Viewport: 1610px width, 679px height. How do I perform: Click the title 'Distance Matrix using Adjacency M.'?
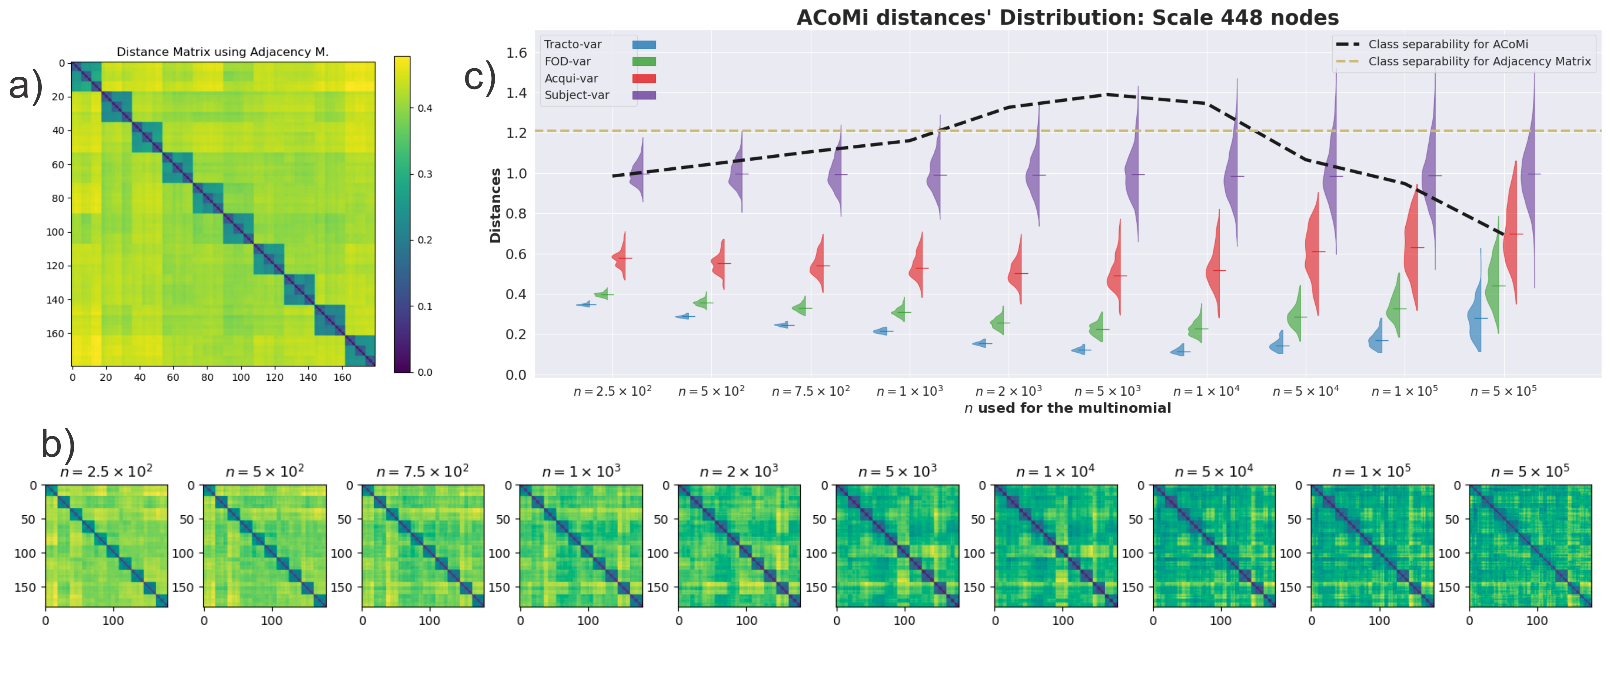point(222,52)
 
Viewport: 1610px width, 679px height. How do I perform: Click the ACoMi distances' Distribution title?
point(1068,17)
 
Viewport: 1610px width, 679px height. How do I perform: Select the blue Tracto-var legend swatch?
point(644,44)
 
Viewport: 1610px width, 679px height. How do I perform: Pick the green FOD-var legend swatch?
point(644,61)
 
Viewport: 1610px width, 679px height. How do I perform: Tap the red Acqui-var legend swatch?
point(644,78)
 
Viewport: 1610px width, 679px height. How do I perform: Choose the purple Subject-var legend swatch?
point(644,95)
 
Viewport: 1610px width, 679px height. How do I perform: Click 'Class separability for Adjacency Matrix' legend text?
point(1479,61)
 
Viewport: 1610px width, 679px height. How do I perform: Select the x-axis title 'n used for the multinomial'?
point(1068,408)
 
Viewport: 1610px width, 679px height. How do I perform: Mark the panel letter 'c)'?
point(480,78)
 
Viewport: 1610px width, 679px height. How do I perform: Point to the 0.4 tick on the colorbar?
point(425,108)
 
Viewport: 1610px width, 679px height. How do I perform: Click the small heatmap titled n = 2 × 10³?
point(739,545)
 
